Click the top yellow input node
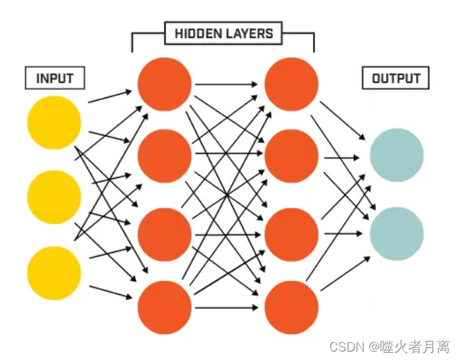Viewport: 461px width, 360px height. (54, 122)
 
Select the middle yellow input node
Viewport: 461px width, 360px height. (54, 197)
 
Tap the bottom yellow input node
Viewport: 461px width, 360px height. (54, 273)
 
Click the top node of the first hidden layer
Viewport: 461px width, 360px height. (164, 84)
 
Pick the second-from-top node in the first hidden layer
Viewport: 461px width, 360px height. (164, 157)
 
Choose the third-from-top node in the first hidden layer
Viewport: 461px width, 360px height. (164, 234)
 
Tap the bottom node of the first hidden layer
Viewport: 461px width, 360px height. (164, 307)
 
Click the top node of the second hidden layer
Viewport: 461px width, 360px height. (291, 84)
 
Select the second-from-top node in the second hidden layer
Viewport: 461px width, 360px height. (291, 157)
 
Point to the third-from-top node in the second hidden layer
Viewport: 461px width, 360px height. (291, 234)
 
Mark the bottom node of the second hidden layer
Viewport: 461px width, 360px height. (291, 307)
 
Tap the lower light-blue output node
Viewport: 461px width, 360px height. (396, 234)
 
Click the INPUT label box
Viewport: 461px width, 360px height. (55, 78)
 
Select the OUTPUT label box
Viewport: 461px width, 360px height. (395, 78)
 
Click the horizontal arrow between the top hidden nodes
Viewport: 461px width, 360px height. (227, 85)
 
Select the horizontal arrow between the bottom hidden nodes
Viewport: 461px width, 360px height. (227, 307)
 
